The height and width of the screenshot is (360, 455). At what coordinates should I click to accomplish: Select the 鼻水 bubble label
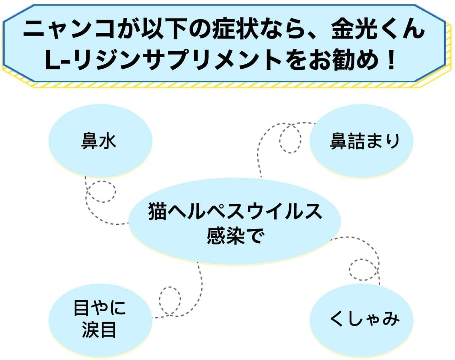click(x=98, y=141)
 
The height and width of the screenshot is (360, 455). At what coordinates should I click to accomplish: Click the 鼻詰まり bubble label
click(x=364, y=141)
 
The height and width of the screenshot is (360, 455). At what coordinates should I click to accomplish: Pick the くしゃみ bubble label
click(x=364, y=319)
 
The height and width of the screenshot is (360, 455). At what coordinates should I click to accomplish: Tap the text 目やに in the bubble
click(x=100, y=308)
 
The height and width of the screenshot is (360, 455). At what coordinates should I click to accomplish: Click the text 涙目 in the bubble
click(x=99, y=329)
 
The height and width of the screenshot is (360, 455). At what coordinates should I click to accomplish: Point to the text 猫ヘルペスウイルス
click(x=235, y=212)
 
